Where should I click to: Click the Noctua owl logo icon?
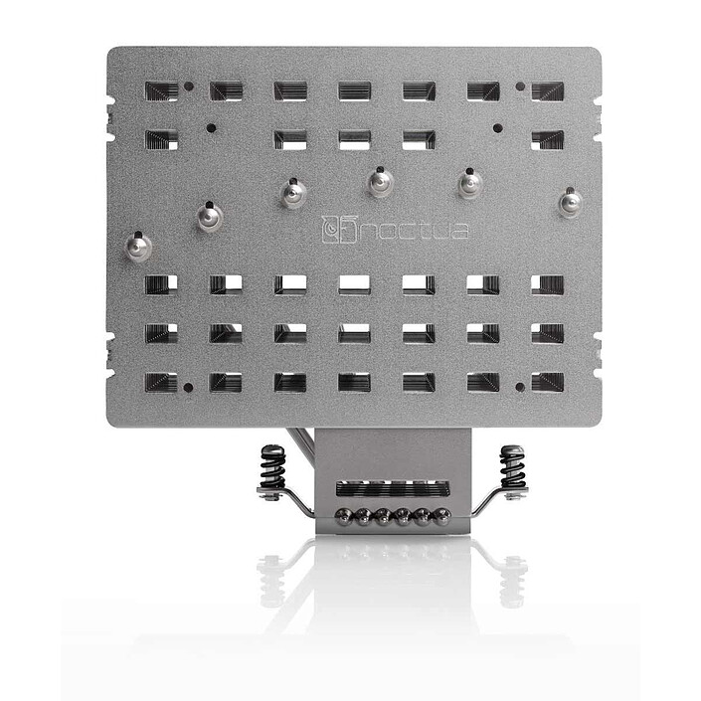pyautogui.click(x=336, y=230)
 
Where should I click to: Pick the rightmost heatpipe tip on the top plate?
pyautogui.click(x=569, y=203)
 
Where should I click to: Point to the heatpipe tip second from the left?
pyautogui.click(x=207, y=215)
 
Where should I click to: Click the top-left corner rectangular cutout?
pyautogui.click(x=162, y=91)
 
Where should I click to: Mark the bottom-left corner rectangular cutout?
pyautogui.click(x=162, y=381)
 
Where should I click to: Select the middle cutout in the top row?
pyautogui.click(x=354, y=91)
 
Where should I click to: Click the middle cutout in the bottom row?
pyautogui.click(x=354, y=381)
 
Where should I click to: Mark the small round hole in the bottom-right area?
pyautogui.click(x=520, y=386)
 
